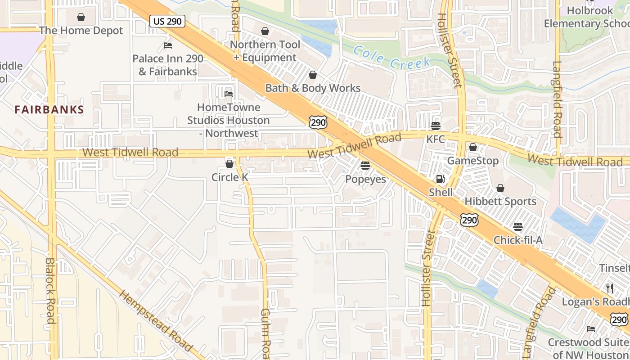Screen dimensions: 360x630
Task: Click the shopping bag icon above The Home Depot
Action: pos(81,17)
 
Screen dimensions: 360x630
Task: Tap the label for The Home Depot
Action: pos(81,31)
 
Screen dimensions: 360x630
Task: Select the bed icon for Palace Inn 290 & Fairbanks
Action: pos(168,45)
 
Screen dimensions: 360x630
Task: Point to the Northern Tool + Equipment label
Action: pos(265,51)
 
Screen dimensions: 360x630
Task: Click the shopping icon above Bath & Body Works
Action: pos(312,75)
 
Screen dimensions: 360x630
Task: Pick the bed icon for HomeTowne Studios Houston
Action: pos(229,94)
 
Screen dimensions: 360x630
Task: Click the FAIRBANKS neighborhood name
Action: pos(49,109)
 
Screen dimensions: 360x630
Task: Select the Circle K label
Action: pos(229,177)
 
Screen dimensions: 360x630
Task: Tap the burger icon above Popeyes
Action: pos(365,166)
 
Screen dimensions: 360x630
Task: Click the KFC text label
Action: pos(436,139)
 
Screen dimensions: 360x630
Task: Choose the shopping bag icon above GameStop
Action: pos(472,147)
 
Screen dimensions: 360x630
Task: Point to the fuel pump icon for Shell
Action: pos(440,179)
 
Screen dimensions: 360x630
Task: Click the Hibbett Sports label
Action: pos(500,201)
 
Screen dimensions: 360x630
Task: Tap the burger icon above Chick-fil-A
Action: pos(518,226)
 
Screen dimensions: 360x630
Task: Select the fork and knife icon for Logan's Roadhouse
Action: pos(610,288)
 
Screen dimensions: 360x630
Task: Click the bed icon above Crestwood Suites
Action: pos(591,329)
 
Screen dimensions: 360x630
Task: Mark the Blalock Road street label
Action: pos(50,290)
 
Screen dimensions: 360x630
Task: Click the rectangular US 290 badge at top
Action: pos(167,21)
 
